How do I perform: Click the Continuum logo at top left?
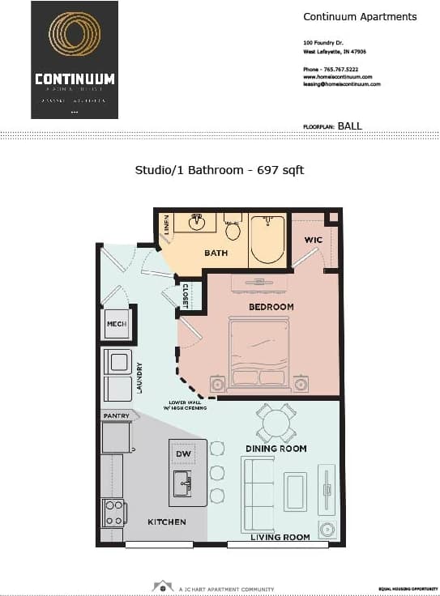click(75, 60)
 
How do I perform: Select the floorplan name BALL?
click(350, 126)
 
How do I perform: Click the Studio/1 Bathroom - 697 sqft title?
click(219, 170)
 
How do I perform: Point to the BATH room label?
click(216, 253)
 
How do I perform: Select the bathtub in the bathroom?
click(267, 239)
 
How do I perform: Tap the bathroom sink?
click(196, 222)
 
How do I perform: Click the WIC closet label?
click(313, 241)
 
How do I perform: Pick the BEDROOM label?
click(271, 307)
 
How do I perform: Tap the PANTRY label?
click(117, 415)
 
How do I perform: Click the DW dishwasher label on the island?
click(184, 454)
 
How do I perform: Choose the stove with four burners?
click(113, 513)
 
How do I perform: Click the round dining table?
click(276, 423)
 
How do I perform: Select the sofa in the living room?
click(258, 494)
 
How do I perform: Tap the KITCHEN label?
click(166, 522)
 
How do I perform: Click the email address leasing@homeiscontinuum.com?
click(342, 83)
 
